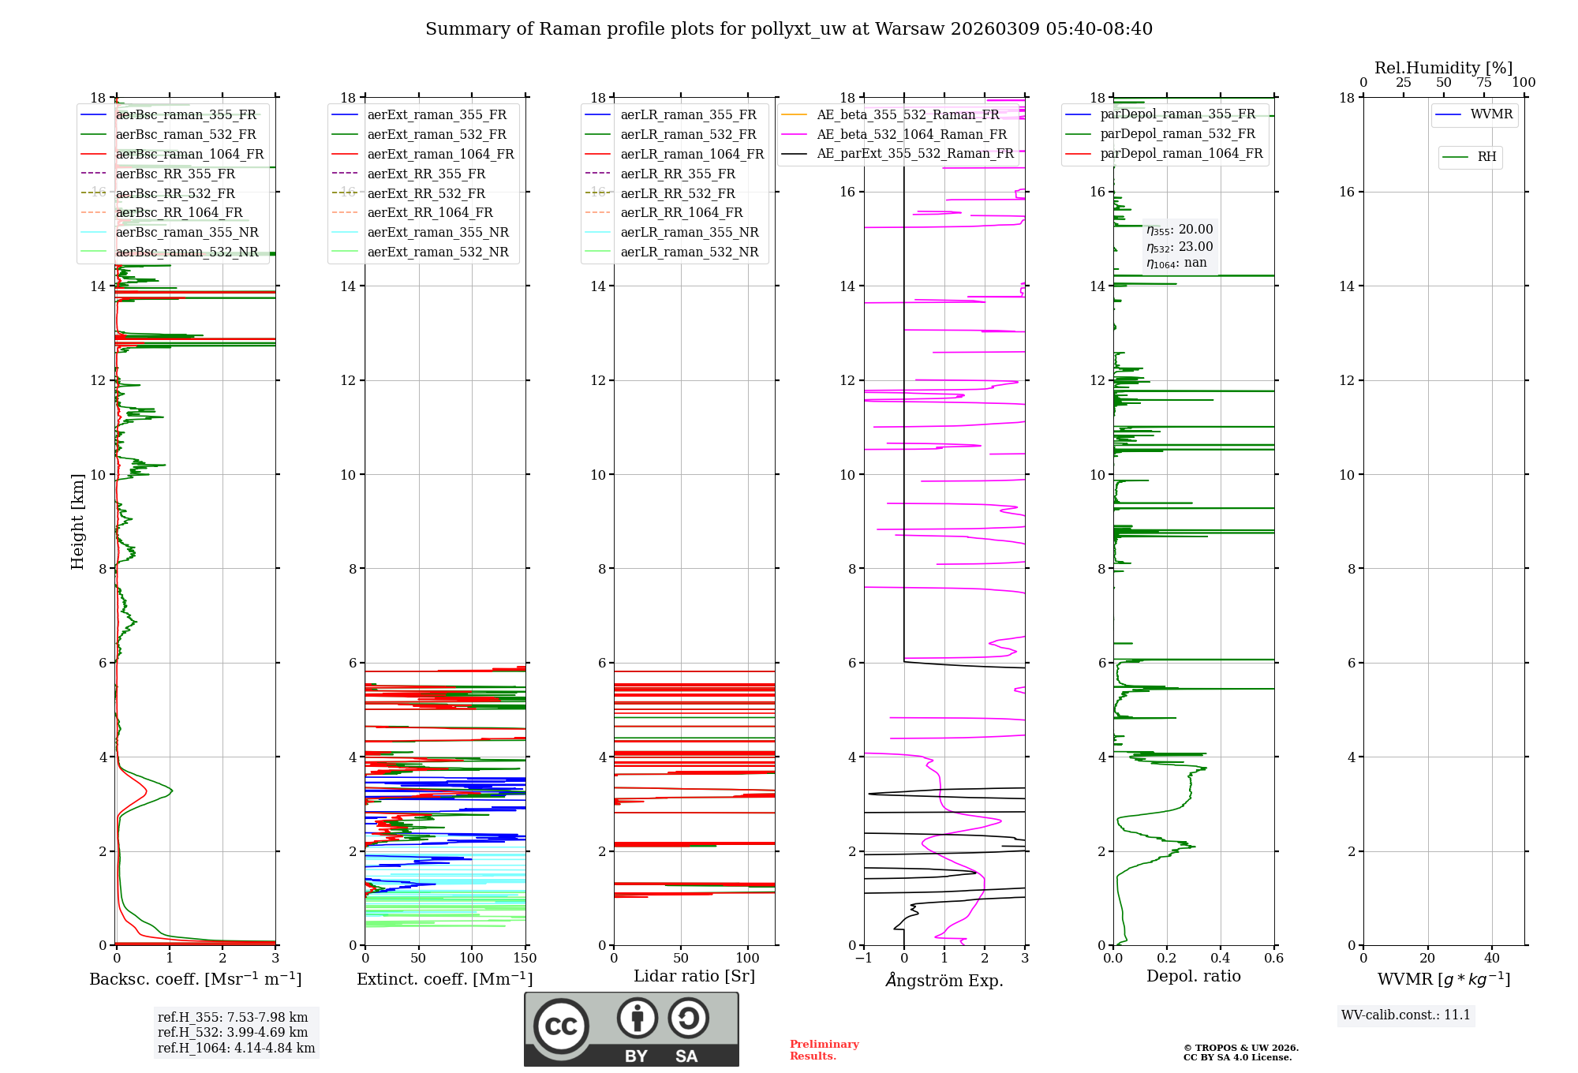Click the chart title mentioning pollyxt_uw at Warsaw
(789, 29)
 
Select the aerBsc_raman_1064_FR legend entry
(189, 155)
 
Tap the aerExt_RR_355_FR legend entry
(426, 174)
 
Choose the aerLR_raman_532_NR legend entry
(689, 252)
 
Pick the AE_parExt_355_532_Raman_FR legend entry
(914, 154)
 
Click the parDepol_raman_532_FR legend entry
(1177, 134)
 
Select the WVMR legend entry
(1491, 114)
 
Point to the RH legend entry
(1486, 157)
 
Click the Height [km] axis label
(77, 522)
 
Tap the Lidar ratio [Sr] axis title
(694, 977)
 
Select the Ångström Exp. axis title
(944, 981)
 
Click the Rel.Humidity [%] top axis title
(1443, 68)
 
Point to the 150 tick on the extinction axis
(525, 959)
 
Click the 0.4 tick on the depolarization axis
(1221, 959)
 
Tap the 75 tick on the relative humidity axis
(1484, 83)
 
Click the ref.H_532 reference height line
(233, 1033)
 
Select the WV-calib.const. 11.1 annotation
(1406, 1015)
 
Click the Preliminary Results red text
(824, 1050)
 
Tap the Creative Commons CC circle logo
(561, 1026)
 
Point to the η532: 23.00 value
(1180, 247)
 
